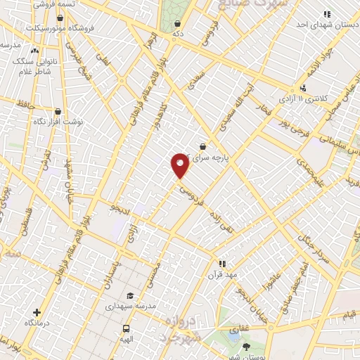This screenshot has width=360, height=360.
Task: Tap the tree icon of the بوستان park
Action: (x=245, y=347)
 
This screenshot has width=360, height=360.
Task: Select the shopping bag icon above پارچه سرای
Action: (x=202, y=147)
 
